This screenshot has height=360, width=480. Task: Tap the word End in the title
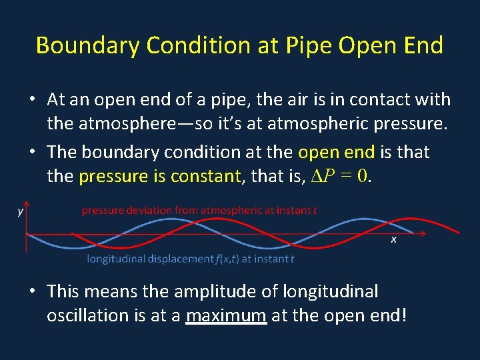(x=422, y=46)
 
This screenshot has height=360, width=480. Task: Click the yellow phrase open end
(x=336, y=152)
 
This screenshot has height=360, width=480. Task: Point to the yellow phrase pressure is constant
(x=159, y=177)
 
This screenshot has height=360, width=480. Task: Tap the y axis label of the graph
(x=21, y=211)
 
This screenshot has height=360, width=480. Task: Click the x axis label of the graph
(x=393, y=239)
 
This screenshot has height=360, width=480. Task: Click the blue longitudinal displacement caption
(x=191, y=259)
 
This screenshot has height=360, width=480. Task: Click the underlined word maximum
(x=227, y=315)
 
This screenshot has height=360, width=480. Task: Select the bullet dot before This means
(x=32, y=291)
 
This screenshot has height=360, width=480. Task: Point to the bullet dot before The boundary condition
(x=32, y=152)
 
